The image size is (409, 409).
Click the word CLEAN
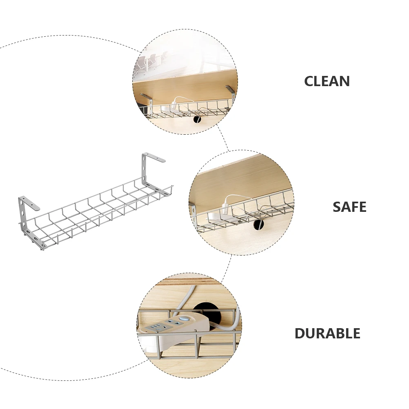click(327, 81)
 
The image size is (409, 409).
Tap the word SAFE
click(349, 207)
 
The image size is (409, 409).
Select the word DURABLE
click(327, 333)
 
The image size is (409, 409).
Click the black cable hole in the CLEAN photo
click(197, 120)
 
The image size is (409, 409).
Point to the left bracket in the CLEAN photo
click(145, 98)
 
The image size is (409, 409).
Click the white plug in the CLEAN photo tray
click(174, 104)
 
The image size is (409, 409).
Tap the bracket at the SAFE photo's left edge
click(192, 210)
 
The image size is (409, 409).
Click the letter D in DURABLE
click(300, 333)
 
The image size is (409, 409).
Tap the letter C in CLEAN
click(309, 81)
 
